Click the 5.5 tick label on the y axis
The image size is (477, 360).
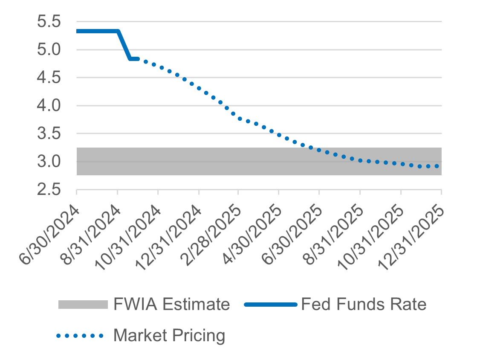click(49, 22)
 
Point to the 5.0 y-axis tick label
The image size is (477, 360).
click(49, 50)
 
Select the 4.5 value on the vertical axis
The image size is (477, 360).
click(49, 78)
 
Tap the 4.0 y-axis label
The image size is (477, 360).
click(49, 106)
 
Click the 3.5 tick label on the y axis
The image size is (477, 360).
click(49, 134)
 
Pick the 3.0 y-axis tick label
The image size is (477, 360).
click(49, 162)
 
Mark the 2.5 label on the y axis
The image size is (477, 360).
click(49, 190)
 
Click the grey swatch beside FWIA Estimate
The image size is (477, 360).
click(83, 305)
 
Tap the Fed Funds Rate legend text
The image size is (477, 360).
click(363, 305)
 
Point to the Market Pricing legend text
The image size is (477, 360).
click(169, 336)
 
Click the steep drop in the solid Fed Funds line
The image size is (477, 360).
click(124, 45)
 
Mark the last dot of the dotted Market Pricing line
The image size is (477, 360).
click(437, 166)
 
